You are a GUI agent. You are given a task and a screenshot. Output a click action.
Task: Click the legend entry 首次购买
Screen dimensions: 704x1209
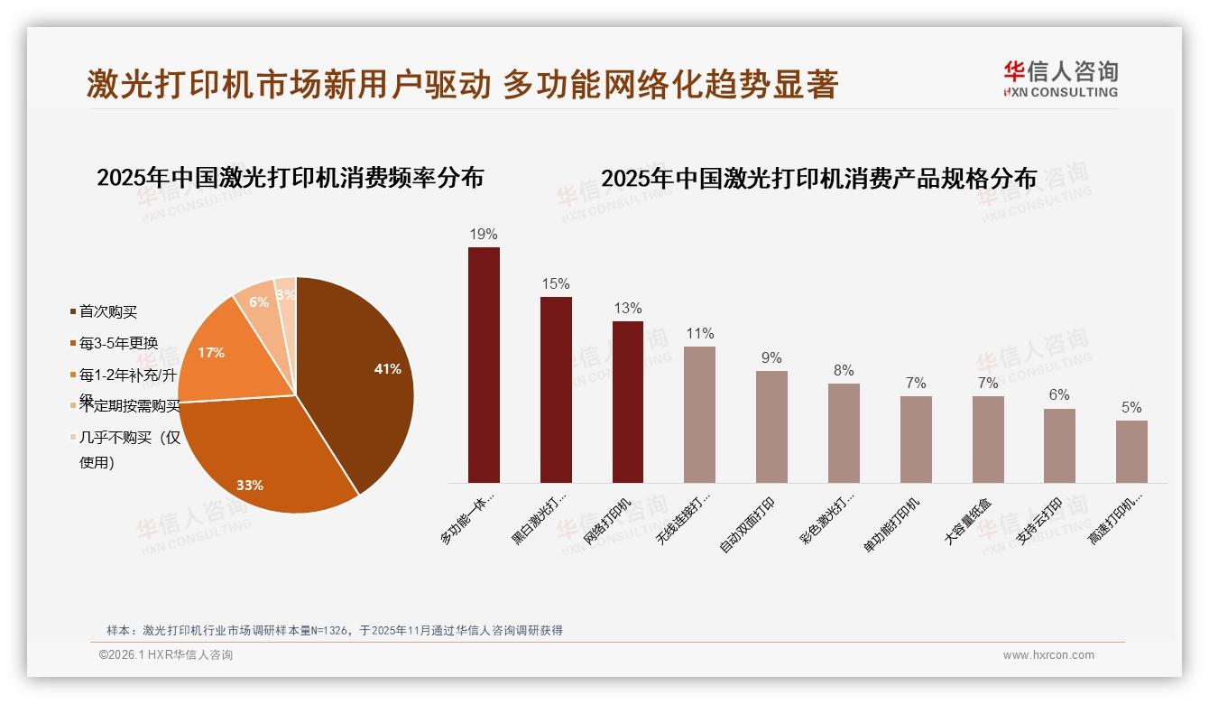[107, 312]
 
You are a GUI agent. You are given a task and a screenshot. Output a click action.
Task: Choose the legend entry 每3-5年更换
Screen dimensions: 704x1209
[118, 343]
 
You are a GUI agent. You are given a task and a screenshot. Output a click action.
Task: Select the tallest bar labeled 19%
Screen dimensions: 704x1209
[484, 365]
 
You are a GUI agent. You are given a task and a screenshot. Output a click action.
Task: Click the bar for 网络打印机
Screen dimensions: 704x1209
[628, 402]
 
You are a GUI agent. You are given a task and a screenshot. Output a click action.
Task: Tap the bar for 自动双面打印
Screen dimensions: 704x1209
[771, 426]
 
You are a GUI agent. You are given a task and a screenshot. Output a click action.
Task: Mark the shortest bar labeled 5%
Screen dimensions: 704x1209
[1131, 451]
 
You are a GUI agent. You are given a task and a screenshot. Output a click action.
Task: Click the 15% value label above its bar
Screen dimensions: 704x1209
[556, 284]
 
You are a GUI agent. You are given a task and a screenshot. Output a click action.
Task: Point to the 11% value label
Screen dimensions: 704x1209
[699, 334]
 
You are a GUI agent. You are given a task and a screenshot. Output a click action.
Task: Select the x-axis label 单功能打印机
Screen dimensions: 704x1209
[892, 524]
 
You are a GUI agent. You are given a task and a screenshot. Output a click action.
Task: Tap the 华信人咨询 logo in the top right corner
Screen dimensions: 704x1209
[1061, 79]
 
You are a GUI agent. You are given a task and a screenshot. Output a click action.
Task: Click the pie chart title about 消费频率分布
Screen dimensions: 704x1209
[290, 177]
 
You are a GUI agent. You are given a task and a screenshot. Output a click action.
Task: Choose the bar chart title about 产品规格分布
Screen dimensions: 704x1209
[818, 178]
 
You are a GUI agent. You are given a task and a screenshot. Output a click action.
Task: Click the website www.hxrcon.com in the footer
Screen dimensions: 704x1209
[1048, 655]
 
